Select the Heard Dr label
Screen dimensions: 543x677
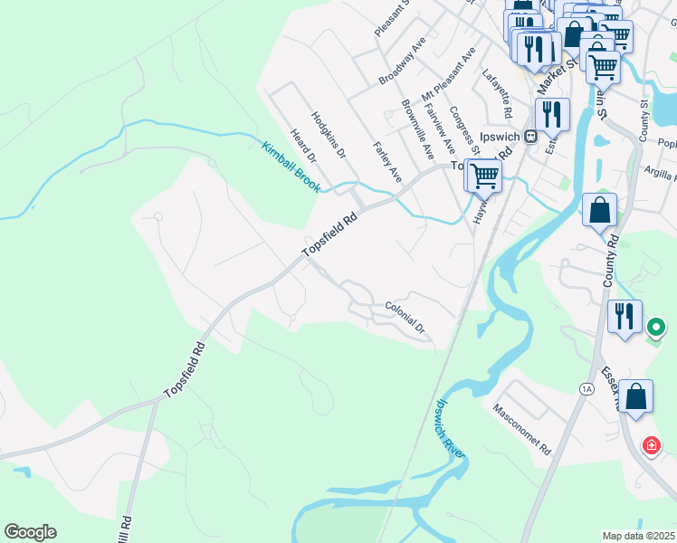point(303,146)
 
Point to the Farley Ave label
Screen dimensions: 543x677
point(386,162)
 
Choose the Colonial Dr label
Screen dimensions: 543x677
point(405,319)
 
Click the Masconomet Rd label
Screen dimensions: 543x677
point(522,429)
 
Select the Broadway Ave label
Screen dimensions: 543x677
point(403,62)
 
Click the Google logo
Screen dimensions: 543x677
point(30,532)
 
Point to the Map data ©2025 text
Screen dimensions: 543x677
point(638,536)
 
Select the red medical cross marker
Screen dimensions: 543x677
point(650,445)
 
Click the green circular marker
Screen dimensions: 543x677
point(656,326)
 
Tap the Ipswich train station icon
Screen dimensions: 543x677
point(532,137)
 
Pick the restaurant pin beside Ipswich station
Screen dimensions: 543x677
point(551,114)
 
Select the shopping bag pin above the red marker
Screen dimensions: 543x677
point(636,396)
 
